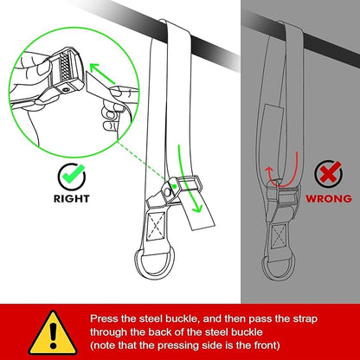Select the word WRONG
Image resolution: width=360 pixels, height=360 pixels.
coord(329,199)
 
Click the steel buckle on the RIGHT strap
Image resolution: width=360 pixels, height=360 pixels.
coord(182,186)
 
